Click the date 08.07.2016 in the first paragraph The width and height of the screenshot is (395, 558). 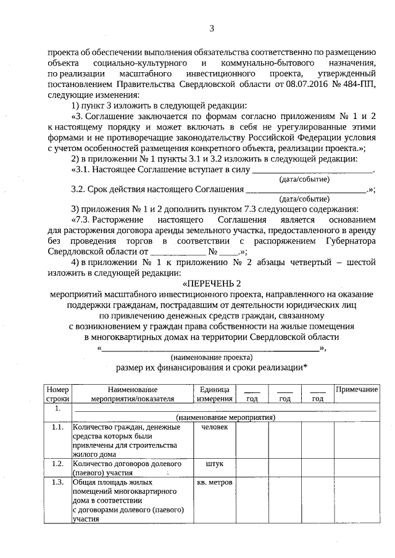(293, 84)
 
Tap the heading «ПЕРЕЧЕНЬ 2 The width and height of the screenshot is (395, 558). (211, 283)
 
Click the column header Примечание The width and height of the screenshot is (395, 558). (356, 390)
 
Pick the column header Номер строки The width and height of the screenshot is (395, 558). (58, 394)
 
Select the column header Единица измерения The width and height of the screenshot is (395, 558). (214, 394)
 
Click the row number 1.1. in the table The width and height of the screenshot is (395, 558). (58, 427)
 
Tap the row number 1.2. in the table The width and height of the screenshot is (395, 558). (58, 463)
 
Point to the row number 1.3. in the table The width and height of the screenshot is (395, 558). (58, 482)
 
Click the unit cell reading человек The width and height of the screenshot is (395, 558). (214, 427)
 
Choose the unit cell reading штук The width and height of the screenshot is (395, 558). (214, 463)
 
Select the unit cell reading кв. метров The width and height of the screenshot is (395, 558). (214, 482)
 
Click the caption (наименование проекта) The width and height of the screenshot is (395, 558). (211, 358)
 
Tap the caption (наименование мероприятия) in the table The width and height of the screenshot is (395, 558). (225, 417)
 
